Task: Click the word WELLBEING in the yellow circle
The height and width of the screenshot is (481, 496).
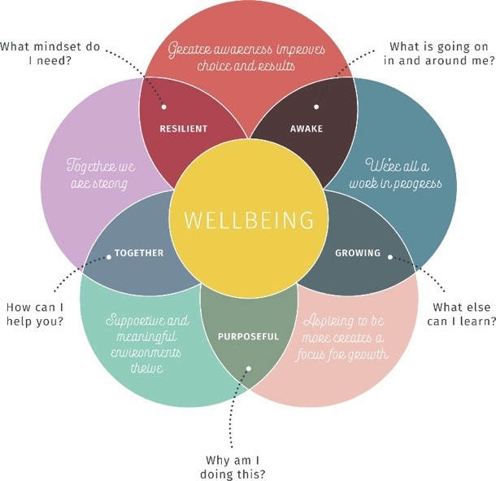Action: tap(249, 221)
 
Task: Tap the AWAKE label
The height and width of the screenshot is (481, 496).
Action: tap(306, 129)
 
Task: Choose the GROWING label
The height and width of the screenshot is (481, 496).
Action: tap(358, 253)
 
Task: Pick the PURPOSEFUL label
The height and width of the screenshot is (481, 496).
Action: tap(248, 336)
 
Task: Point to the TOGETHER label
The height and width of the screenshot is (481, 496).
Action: tap(139, 253)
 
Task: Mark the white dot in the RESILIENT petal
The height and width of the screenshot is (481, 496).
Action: tap(165, 107)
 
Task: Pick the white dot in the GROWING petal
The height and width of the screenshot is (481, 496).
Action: tap(390, 257)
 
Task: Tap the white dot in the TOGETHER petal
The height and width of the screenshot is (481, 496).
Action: tap(107, 257)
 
